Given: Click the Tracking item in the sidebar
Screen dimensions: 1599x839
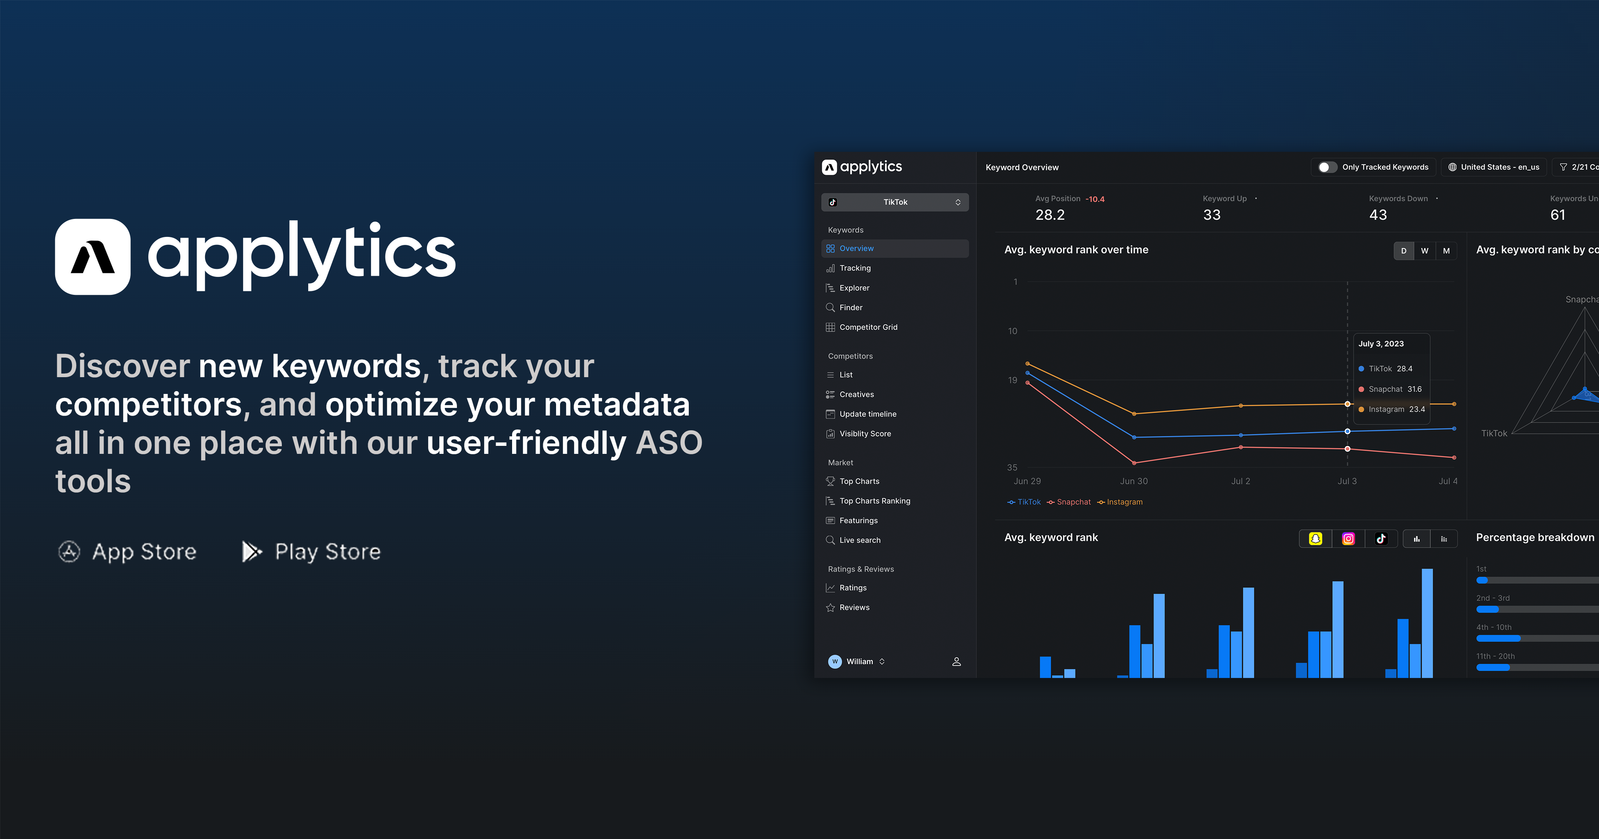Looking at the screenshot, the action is [855, 268].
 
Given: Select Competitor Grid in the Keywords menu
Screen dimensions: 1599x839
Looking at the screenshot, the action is [868, 327].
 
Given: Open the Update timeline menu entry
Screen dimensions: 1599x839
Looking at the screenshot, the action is [867, 414].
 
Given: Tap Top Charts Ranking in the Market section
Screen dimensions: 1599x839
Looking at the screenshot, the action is [874, 501].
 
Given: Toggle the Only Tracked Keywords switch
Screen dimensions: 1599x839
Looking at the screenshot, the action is [1327, 167].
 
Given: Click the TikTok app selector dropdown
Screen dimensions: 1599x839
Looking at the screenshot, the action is [895, 202].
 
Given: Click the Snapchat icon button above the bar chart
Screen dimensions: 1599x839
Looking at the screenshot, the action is [1315, 539].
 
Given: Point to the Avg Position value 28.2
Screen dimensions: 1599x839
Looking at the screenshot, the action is [1050, 215].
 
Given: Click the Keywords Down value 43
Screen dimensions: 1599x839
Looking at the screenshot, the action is [1378, 215].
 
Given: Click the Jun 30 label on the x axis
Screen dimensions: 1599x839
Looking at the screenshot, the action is [1133, 481].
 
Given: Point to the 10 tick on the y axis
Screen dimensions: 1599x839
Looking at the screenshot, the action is [1013, 331].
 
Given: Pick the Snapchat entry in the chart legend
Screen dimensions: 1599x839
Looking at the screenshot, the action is [1069, 502].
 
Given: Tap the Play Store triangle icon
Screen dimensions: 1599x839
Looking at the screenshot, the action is [251, 551].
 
